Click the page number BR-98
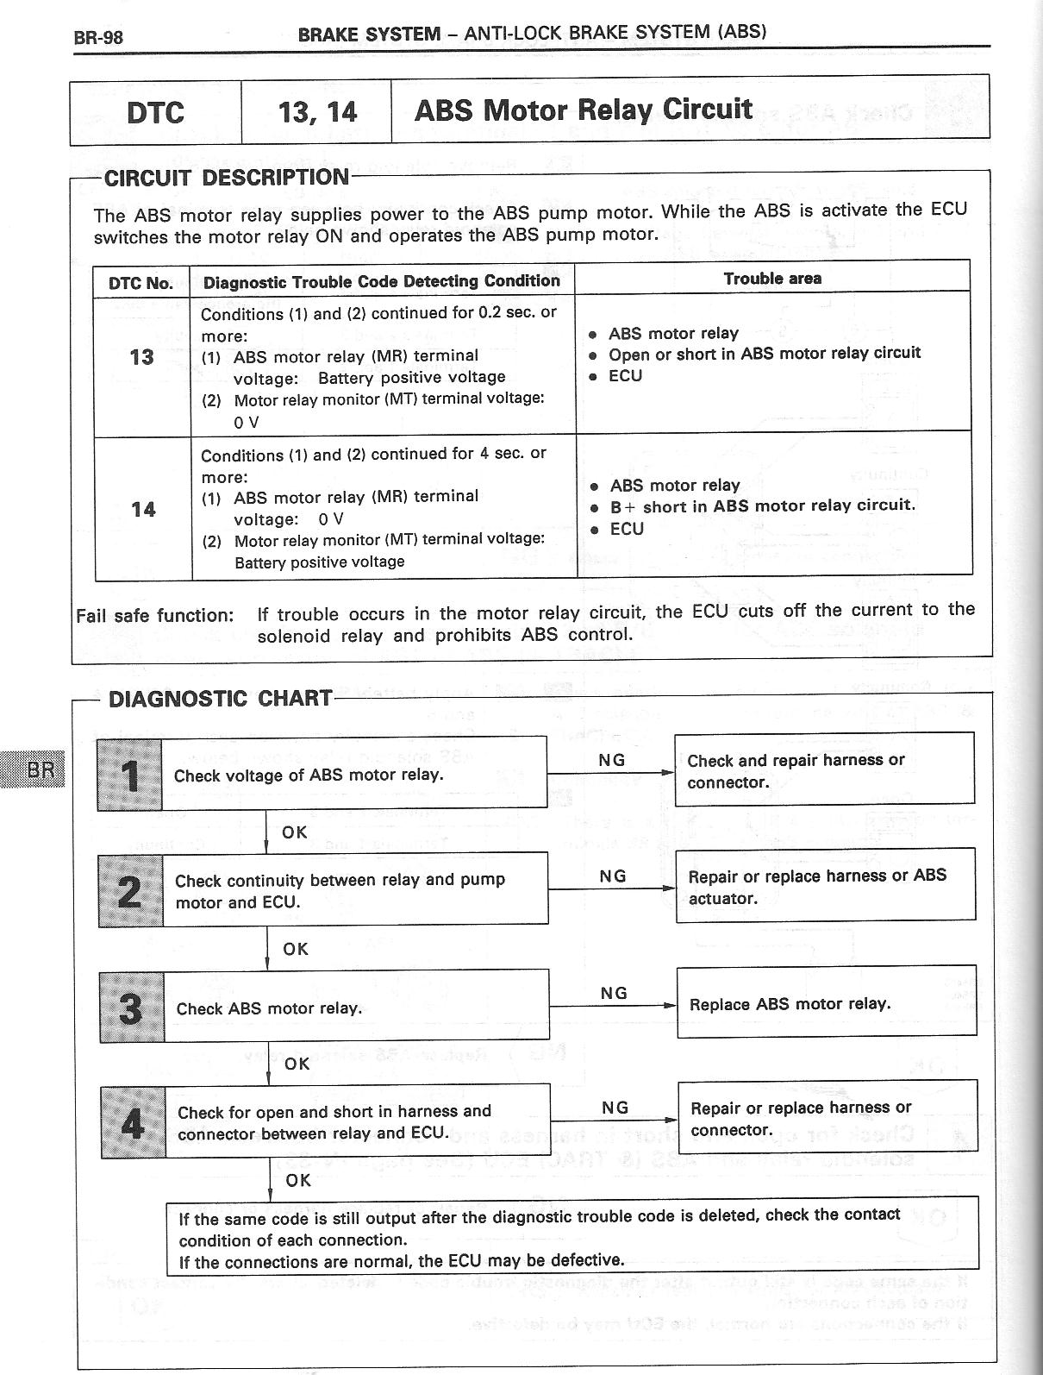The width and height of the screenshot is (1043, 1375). click(99, 37)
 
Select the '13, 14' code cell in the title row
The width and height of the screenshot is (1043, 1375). click(317, 112)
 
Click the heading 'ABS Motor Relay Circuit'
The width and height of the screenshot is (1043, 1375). click(584, 110)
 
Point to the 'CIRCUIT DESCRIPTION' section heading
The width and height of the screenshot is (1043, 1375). click(226, 178)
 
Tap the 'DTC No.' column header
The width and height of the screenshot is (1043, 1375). click(141, 283)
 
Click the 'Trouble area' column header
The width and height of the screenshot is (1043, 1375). click(772, 279)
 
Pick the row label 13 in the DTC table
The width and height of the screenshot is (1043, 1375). click(141, 356)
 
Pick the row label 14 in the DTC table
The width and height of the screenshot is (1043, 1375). click(143, 509)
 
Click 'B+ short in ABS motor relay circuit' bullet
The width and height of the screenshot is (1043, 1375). click(762, 506)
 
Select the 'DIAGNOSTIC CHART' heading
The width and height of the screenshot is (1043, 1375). click(220, 699)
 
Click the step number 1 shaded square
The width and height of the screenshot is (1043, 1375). click(130, 775)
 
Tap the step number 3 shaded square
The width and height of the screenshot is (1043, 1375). click(131, 1008)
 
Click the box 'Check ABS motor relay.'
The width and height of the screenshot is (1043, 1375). click(356, 1008)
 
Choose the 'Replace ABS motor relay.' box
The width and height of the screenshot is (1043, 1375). click(827, 1003)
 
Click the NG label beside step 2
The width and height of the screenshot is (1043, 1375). click(613, 876)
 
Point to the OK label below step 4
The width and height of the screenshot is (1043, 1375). click(298, 1179)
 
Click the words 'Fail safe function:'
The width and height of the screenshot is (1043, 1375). click(155, 616)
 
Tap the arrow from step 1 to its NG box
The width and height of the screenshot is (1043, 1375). click(610, 773)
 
